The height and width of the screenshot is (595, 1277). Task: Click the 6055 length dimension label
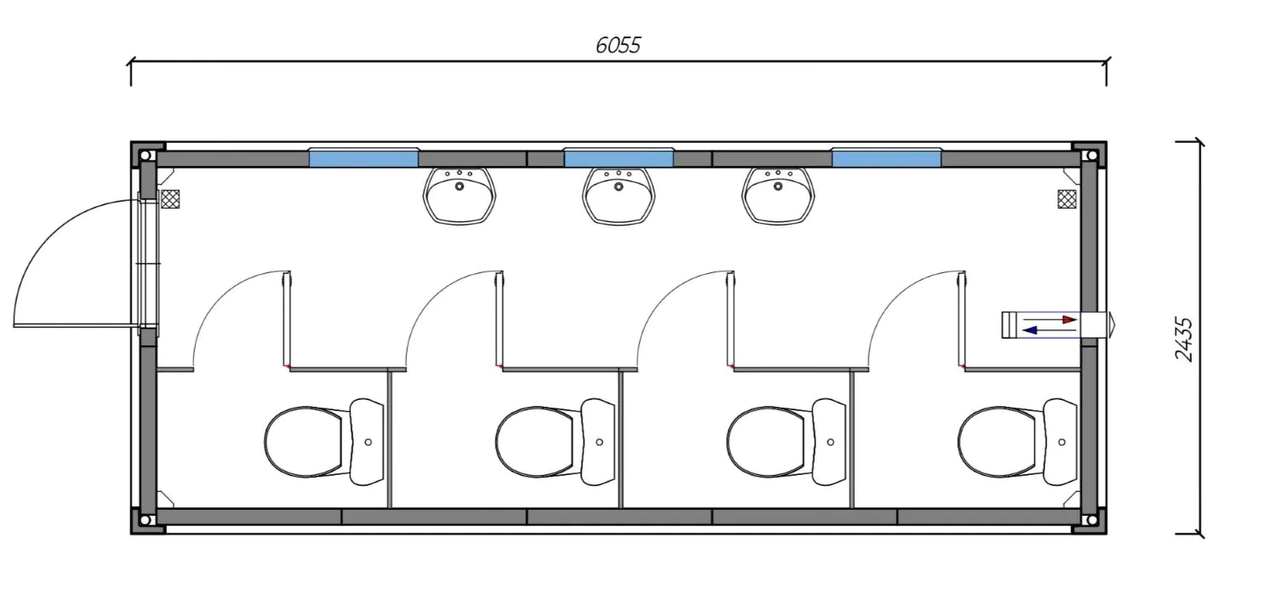618,45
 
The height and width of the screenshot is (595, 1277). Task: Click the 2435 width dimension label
1183,339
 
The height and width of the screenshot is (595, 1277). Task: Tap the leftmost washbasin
460,196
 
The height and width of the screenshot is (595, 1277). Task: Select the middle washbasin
619,196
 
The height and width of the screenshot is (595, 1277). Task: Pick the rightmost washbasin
778,196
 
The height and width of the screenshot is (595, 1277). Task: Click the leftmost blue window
364,157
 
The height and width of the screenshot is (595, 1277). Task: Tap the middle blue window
619,157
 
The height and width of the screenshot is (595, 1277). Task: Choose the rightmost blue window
886,157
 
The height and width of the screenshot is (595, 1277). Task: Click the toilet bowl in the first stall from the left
304,442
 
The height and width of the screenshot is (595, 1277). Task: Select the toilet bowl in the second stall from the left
535,442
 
